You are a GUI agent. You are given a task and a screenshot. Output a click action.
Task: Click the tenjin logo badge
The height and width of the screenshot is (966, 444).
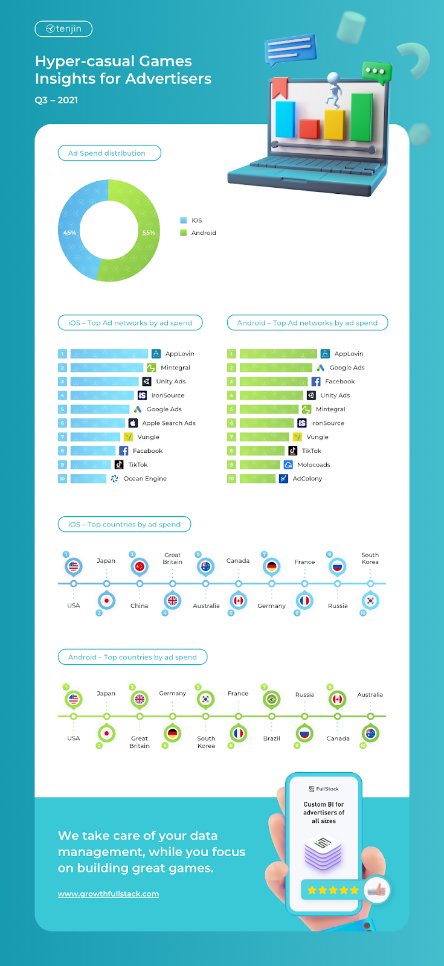[63, 29]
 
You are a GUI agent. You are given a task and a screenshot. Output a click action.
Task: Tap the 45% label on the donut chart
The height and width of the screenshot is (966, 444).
[69, 233]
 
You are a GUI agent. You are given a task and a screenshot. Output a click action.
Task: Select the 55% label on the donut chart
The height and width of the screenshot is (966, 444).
[149, 233]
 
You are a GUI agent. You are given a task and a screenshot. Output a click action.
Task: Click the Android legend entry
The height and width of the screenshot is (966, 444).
[198, 233]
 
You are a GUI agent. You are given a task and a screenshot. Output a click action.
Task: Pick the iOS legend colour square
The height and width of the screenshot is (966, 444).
[184, 220]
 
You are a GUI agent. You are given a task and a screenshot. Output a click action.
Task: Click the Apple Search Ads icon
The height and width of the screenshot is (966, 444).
[133, 423]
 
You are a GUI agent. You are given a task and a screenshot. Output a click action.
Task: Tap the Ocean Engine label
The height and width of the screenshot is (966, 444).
[145, 479]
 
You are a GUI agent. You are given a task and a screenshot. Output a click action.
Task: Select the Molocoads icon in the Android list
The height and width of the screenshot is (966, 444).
[288, 465]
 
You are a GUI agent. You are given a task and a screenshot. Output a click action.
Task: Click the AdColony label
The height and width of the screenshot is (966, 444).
[307, 479]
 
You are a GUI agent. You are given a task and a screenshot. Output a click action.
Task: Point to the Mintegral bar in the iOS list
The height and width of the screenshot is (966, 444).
[107, 368]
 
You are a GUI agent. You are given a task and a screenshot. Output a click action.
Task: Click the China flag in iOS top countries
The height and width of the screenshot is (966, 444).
[140, 566]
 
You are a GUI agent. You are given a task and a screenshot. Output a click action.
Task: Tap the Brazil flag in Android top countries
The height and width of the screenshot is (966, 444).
[271, 699]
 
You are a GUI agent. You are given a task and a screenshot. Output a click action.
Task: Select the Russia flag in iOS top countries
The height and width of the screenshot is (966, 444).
[338, 567]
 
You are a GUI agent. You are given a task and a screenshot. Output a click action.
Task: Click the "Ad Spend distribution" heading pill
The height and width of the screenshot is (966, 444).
[109, 153]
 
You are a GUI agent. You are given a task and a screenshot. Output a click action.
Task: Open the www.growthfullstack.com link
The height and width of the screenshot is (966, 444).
[108, 894]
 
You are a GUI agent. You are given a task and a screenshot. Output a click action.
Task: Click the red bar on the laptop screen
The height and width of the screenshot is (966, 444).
[309, 129]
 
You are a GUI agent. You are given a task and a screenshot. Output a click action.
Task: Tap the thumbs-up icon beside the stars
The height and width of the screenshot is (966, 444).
[377, 889]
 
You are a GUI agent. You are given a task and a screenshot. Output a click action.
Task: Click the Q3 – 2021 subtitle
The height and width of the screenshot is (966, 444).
[57, 100]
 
